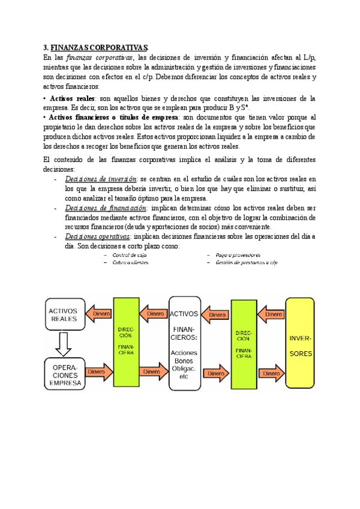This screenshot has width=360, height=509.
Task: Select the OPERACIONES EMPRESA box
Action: tap(63, 374)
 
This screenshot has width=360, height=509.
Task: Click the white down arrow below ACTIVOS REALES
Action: tap(63, 344)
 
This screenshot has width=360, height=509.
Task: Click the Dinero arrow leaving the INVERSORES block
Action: tap(271, 315)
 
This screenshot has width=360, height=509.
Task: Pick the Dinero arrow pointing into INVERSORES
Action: tap(271, 373)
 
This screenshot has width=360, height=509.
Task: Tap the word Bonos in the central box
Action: tap(184, 360)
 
